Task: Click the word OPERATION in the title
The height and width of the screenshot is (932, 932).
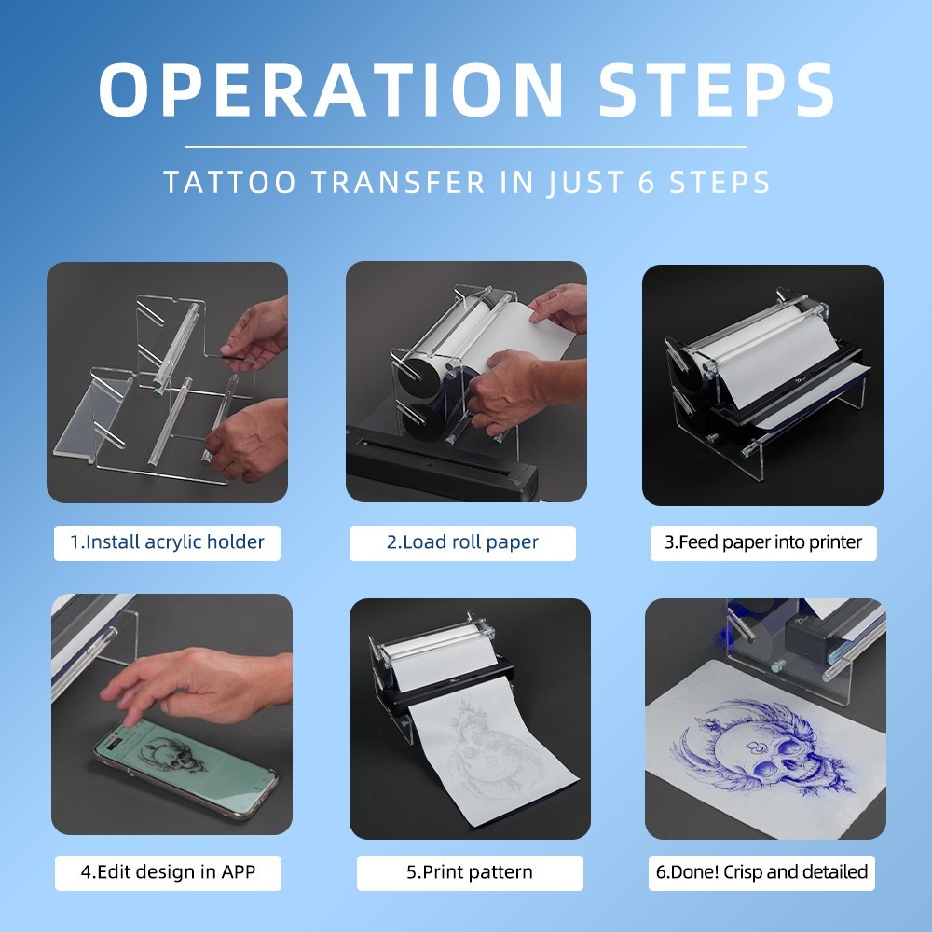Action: pyautogui.click(x=331, y=89)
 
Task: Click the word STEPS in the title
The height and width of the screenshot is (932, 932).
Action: pyautogui.click(x=716, y=89)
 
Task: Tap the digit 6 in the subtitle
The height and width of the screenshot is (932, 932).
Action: pyautogui.click(x=647, y=183)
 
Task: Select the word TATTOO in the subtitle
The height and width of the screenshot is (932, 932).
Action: pyautogui.click(x=229, y=183)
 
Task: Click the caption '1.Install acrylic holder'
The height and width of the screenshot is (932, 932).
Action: pyautogui.click(x=167, y=542)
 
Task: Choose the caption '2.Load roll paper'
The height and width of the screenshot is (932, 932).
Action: pyautogui.click(x=462, y=542)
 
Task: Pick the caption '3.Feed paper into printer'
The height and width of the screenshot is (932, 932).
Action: pyautogui.click(x=763, y=542)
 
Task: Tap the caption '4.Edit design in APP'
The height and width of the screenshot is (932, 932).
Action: pyautogui.click(x=168, y=872)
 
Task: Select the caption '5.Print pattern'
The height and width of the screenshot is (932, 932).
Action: pyautogui.click(x=470, y=872)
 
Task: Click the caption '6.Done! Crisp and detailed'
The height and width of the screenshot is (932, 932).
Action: pyautogui.click(x=761, y=872)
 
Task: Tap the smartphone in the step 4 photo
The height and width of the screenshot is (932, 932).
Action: pyautogui.click(x=185, y=770)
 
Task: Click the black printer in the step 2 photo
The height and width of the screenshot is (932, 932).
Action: pyautogui.click(x=442, y=467)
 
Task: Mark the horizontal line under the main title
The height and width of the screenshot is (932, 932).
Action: pyautogui.click(x=465, y=147)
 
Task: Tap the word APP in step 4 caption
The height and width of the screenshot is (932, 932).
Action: pyautogui.click(x=239, y=872)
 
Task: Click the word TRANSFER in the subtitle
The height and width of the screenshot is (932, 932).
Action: pyautogui.click(x=399, y=183)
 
